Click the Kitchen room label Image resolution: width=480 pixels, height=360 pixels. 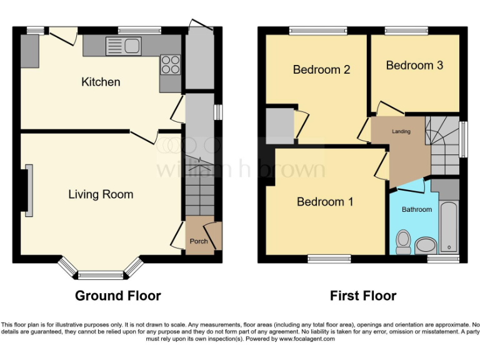click(101, 82)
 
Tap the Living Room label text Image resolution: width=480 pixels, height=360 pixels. click(101, 194)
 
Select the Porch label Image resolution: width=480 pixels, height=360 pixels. click(199, 241)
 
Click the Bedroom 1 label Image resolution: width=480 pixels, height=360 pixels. click(325, 202)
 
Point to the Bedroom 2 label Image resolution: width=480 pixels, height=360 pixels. click(321, 69)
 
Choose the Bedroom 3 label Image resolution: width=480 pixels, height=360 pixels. click(414, 65)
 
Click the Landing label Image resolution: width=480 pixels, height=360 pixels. click(401, 132)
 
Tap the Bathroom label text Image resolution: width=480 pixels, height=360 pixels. click(416, 209)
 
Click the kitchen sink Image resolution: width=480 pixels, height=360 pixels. click(125, 45)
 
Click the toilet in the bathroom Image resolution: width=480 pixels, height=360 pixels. click(403, 242)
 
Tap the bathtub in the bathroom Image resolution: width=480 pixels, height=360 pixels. click(448, 226)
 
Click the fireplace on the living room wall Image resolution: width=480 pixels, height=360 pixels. click(28, 191)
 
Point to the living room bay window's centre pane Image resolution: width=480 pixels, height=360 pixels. click(101, 274)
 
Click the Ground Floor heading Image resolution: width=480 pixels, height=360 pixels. click(118, 296)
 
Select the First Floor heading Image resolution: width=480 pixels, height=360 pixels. click(364, 296)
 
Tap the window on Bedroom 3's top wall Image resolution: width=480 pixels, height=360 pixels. click(406, 30)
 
